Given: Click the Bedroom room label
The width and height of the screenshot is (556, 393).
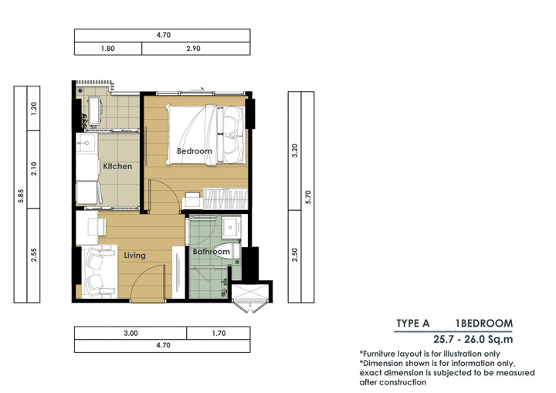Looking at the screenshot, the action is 195,151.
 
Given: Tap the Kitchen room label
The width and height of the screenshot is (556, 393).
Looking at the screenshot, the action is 117,166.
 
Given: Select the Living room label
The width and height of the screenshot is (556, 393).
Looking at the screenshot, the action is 134,256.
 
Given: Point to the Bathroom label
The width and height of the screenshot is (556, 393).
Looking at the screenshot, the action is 212,252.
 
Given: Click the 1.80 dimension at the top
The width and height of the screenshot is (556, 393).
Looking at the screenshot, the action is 108,49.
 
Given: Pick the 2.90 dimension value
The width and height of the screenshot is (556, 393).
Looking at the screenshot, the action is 194,49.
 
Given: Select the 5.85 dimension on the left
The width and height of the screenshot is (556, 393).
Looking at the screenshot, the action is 21,196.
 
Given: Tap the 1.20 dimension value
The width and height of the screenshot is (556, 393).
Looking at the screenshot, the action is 34,109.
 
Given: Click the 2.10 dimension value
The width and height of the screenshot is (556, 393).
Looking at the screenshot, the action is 34,169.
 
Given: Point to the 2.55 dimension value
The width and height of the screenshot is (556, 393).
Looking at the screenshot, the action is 34,255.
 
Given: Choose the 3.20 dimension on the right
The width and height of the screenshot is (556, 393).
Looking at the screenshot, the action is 295,151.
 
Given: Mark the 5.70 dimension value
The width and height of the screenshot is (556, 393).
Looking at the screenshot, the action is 308,197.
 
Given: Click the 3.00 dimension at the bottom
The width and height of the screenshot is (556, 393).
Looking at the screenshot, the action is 131,334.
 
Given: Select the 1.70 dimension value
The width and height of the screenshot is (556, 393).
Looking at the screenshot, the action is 219,334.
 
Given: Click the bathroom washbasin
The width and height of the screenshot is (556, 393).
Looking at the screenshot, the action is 231,227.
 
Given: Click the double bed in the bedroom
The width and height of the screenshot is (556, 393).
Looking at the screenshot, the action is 206,135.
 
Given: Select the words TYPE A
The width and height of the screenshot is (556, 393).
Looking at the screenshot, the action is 412,324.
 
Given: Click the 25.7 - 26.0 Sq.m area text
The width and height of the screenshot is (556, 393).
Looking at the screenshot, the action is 473,340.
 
